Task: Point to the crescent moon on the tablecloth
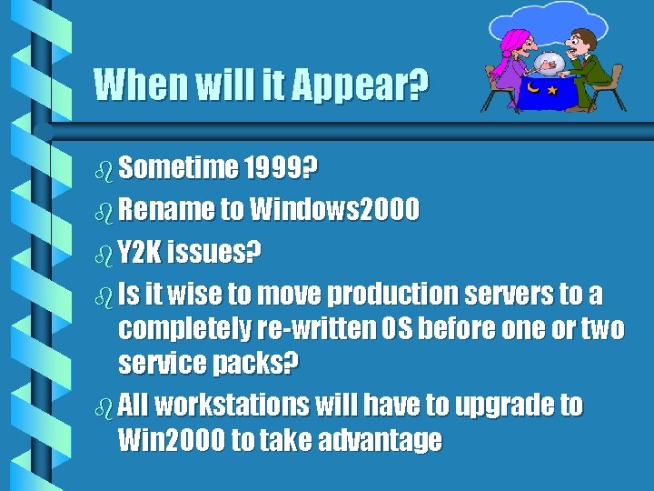point(533,90)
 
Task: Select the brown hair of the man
point(585,35)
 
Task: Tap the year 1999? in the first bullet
point(281,168)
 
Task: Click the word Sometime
point(177,168)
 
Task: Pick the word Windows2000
point(334,210)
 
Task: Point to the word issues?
point(214,252)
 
